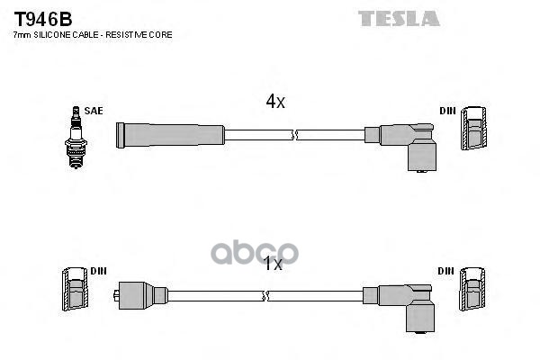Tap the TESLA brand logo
(x=399, y=18)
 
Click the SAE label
(x=94, y=112)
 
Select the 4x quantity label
(x=274, y=103)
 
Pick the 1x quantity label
(x=272, y=265)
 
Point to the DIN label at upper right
(x=447, y=112)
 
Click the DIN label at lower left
(x=98, y=271)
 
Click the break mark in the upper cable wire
(x=294, y=135)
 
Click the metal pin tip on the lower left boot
(x=118, y=294)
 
